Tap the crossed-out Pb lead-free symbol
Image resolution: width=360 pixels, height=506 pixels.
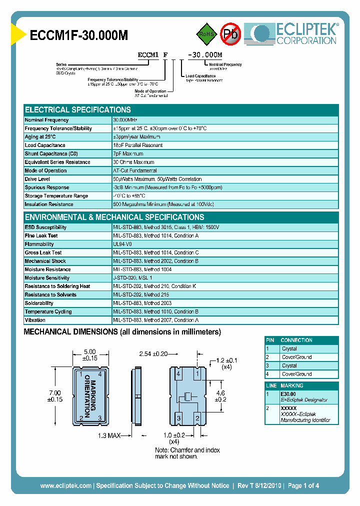click(x=230, y=34)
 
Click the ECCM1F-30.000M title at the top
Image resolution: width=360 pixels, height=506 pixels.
click(x=79, y=35)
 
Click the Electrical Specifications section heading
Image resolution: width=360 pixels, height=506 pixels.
click(x=78, y=109)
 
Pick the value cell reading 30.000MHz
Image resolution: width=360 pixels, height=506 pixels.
click(x=125, y=120)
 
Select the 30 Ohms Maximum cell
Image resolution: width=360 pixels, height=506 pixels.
click(x=133, y=162)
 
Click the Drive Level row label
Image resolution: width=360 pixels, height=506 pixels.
click(x=37, y=179)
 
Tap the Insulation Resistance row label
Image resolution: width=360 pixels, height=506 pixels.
click(x=49, y=204)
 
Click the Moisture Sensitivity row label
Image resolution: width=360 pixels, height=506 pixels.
click(x=47, y=278)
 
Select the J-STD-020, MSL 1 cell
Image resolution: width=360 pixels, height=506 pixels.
click(x=132, y=278)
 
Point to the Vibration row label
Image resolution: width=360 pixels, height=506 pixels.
click(x=35, y=320)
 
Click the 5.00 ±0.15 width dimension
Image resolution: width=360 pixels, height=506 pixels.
click(x=89, y=354)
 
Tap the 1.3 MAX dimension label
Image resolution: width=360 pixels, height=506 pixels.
click(x=109, y=435)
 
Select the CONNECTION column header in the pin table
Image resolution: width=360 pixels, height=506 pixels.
click(x=296, y=340)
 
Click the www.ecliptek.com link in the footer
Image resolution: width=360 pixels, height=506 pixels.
click(x=65, y=485)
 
